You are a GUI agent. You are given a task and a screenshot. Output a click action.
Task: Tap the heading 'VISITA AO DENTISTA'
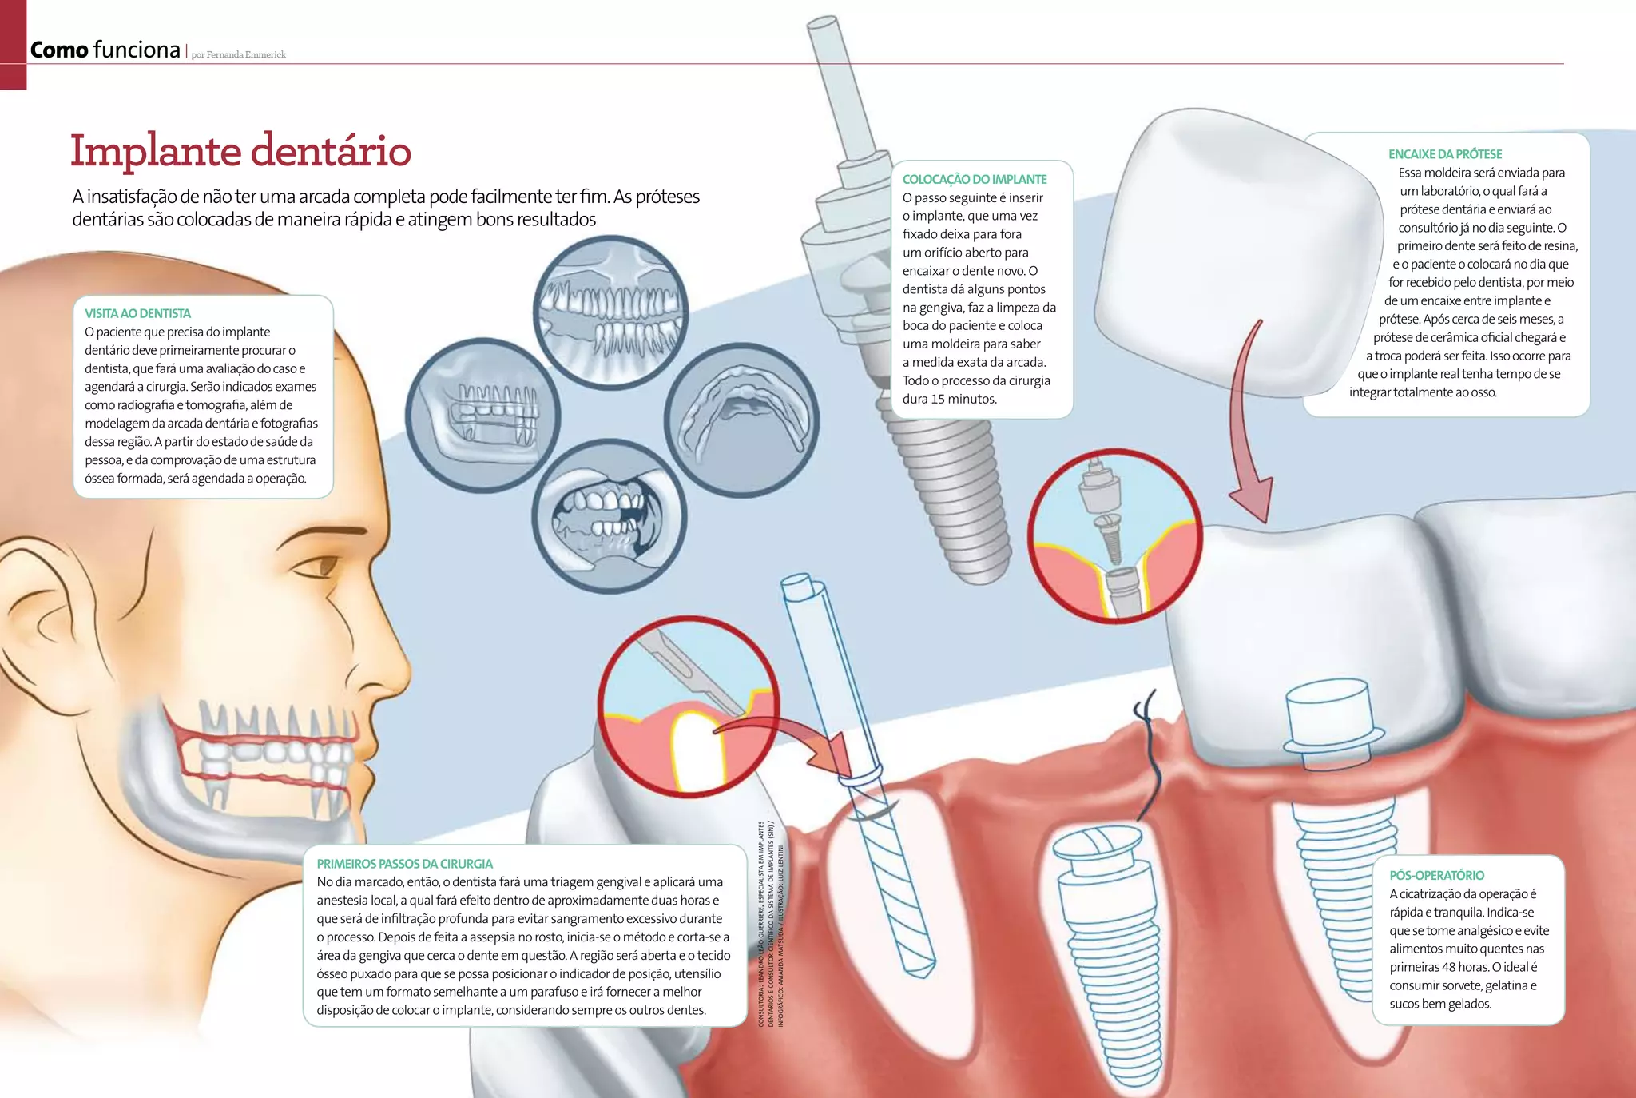pyautogui.click(x=137, y=313)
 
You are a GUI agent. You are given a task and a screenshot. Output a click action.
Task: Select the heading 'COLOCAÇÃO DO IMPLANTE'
pyautogui.click(x=974, y=179)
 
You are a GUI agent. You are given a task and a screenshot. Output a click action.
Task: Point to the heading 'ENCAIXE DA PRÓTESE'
pyautogui.click(x=1444, y=154)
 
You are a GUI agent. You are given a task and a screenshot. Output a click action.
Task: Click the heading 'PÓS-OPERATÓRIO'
pyautogui.click(x=1436, y=875)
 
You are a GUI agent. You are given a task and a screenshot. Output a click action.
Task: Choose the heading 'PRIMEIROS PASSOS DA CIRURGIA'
pyautogui.click(x=404, y=864)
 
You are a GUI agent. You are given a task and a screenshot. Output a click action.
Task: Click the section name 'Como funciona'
pyautogui.click(x=105, y=50)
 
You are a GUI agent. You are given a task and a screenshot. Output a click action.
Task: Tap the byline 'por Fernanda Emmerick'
pyautogui.click(x=238, y=54)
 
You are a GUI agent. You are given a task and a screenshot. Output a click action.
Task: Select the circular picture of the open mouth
pyautogui.click(x=609, y=517)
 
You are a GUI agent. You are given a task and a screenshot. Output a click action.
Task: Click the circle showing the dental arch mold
pyautogui.click(x=741, y=420)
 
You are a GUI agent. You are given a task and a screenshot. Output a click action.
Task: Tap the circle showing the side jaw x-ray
pyautogui.click(x=482, y=416)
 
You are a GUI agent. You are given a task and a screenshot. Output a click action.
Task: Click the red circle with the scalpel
pyautogui.click(x=688, y=706)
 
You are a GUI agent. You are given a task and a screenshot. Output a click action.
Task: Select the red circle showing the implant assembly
pyautogui.click(x=1114, y=536)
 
